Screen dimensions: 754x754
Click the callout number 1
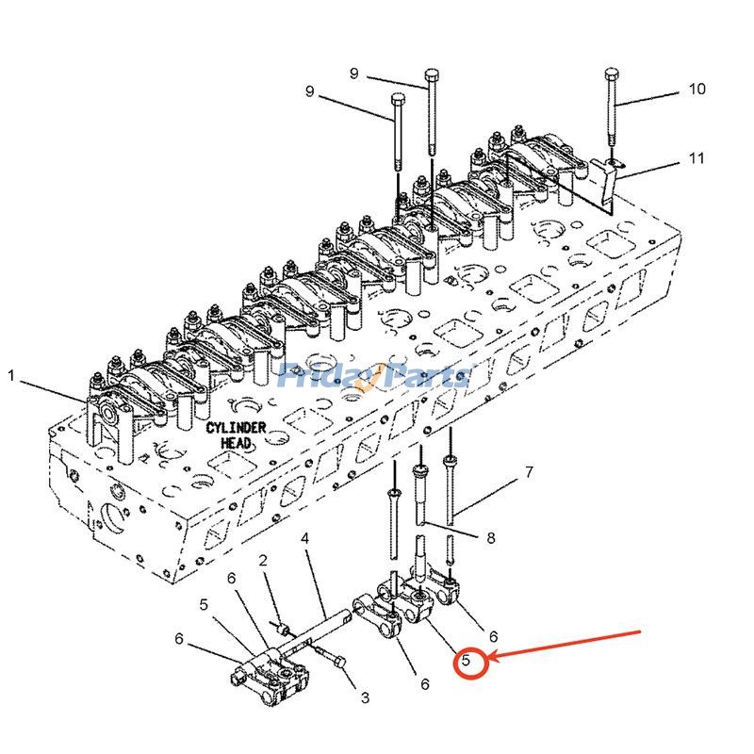click(11, 376)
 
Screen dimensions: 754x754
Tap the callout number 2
click(264, 561)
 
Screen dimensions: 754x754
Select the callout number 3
click(364, 697)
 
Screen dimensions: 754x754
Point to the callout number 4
click(305, 538)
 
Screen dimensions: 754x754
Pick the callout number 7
click(529, 471)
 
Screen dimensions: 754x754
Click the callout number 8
click(490, 538)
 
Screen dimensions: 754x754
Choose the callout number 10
click(697, 90)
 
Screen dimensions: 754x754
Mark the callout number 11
click(697, 158)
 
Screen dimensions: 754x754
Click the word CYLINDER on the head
click(236, 428)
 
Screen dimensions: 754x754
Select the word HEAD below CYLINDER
click(236, 442)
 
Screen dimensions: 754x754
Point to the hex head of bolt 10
click(611, 74)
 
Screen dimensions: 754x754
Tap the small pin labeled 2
click(281, 625)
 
